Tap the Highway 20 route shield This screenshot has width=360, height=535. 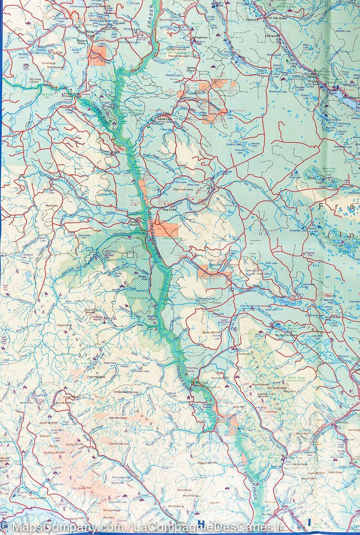pos(26,67)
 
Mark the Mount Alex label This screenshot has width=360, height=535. pos(52,206)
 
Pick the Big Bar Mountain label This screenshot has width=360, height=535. pos(211,333)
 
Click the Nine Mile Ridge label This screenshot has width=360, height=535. pos(118,418)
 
